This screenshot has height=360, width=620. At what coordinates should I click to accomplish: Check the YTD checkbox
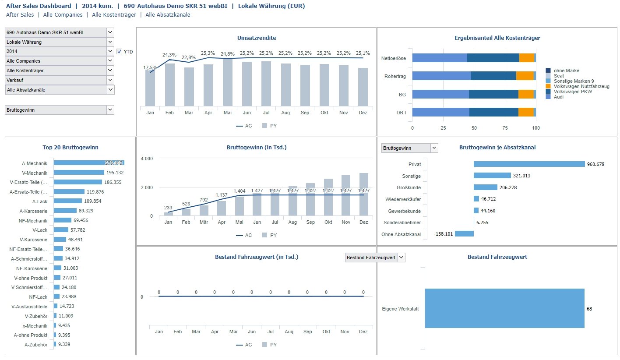(119, 52)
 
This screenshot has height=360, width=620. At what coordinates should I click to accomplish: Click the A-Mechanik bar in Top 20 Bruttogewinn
(89, 163)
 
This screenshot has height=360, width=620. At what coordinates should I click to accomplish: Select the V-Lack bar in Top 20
(61, 230)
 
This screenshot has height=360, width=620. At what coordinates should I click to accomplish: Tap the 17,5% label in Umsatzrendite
(149, 67)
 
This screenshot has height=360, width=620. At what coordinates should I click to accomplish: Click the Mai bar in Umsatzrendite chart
(228, 82)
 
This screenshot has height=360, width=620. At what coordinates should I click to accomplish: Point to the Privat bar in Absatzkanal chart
(529, 164)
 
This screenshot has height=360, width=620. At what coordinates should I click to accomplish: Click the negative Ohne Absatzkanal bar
(464, 234)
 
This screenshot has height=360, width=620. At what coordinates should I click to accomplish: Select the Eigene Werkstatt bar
(504, 308)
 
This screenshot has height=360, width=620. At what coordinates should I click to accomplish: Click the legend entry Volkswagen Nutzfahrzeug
(581, 86)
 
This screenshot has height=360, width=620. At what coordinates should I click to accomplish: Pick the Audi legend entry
(558, 97)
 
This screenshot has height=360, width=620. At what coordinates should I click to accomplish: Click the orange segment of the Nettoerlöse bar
(527, 58)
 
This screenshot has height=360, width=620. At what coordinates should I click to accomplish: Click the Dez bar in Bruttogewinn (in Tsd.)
(363, 194)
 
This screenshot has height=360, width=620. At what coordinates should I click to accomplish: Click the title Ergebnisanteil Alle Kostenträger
(497, 38)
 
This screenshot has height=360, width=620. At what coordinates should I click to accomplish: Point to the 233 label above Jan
(168, 208)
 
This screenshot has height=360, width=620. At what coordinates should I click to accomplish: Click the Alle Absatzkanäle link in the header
(168, 15)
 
